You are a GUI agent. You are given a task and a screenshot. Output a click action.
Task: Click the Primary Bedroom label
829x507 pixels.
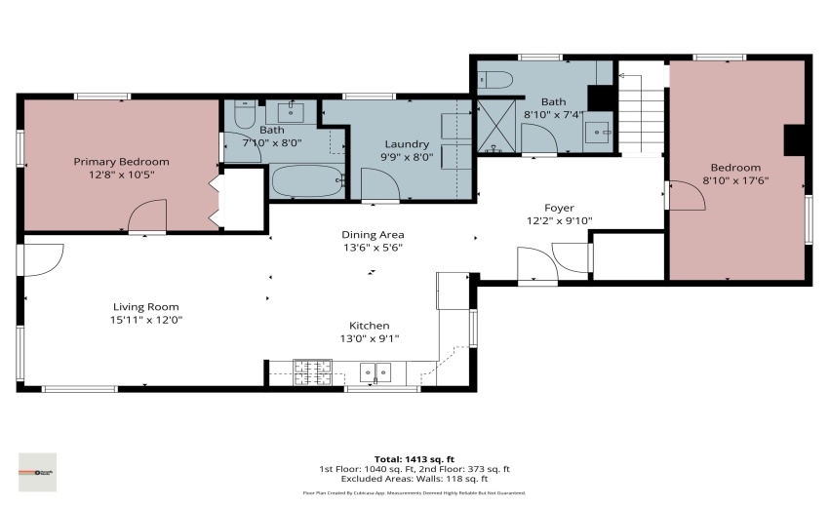(122, 162)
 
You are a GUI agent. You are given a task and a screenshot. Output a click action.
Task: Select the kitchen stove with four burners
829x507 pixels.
(313, 370)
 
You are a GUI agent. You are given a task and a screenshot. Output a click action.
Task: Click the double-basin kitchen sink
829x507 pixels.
(375, 371)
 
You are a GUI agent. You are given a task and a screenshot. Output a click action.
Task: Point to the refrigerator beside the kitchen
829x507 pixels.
(453, 291)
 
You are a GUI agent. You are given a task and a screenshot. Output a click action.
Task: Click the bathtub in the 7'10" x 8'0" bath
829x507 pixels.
(306, 181)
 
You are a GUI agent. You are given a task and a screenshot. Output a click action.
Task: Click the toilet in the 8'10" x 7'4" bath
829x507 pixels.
(492, 80)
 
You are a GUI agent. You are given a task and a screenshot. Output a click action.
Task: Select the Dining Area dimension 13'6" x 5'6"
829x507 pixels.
(373, 248)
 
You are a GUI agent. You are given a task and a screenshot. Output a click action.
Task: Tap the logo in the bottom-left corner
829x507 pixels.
(37, 472)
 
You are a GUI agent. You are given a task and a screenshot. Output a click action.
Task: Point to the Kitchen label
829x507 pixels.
(370, 326)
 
